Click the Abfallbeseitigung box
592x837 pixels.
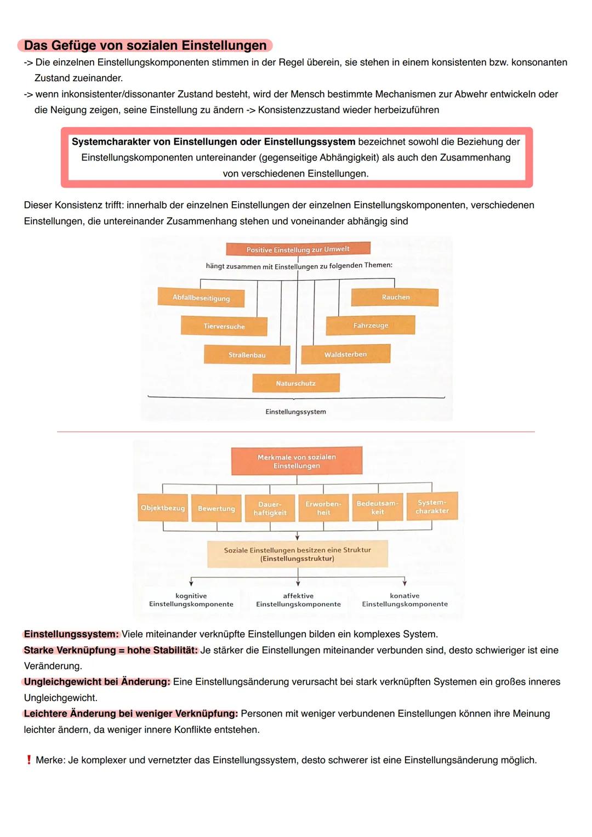(201, 298)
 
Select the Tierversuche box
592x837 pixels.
(224, 326)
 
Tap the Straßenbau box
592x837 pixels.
(247, 355)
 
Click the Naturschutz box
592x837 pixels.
(295, 383)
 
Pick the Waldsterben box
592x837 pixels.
(345, 354)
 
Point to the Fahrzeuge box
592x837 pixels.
(371, 325)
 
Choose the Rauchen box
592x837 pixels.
(395, 297)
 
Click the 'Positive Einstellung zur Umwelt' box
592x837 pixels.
(298, 249)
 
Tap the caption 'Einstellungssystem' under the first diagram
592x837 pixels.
(295, 412)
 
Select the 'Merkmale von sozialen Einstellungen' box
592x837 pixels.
(297, 461)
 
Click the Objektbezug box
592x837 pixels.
(162, 508)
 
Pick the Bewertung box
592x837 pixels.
(216, 508)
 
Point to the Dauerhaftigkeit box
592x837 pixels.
(270, 508)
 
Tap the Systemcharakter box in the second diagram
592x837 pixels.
(432, 506)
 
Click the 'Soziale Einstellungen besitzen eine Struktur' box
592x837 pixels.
(297, 554)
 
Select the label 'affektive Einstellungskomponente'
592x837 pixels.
(298, 600)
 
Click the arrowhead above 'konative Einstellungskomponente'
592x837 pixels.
(405, 583)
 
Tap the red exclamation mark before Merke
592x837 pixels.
(29, 760)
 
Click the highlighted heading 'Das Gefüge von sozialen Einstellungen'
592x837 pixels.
(145, 45)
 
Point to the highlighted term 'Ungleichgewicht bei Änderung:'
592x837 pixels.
(97, 682)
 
